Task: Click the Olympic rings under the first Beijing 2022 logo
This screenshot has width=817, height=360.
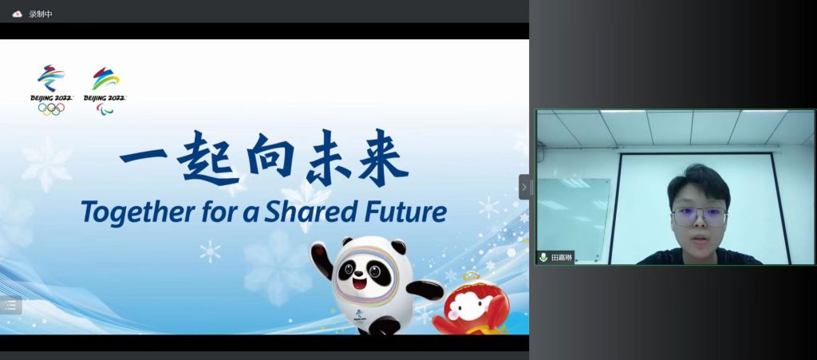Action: coord(51,109)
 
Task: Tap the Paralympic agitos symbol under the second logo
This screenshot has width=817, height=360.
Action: coord(105,109)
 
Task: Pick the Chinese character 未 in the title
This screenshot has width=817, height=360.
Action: coord(332,157)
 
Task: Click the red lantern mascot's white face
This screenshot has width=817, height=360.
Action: coord(468,305)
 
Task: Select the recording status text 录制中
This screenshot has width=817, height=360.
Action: coord(40,14)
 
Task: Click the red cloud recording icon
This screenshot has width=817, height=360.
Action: coord(18,14)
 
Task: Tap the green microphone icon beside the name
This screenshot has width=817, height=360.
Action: coord(543,257)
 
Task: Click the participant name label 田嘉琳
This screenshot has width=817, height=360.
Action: coord(562,257)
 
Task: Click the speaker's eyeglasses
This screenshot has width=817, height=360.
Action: coord(699,217)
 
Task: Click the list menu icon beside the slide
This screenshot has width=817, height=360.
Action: coord(10,305)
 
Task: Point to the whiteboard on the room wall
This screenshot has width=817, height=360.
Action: coord(573,218)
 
